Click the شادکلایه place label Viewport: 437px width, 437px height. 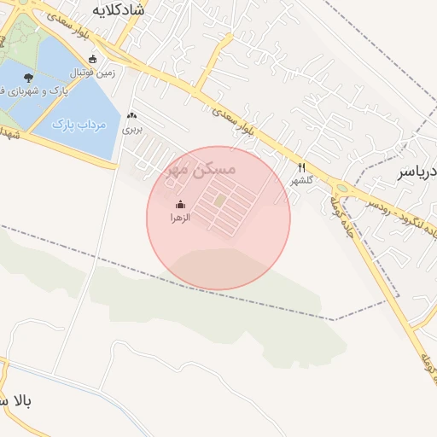click(119, 13)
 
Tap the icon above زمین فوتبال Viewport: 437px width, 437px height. click(92, 59)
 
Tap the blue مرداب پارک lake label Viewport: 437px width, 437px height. click(78, 125)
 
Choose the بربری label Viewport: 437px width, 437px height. click(131, 131)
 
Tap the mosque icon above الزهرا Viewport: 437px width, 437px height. click(179, 205)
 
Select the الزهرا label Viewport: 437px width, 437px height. click(179, 218)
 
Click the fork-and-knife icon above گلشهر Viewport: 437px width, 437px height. click(300, 167)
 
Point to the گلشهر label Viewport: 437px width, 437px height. click(300, 181)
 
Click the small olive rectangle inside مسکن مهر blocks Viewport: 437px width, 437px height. click(220, 200)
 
